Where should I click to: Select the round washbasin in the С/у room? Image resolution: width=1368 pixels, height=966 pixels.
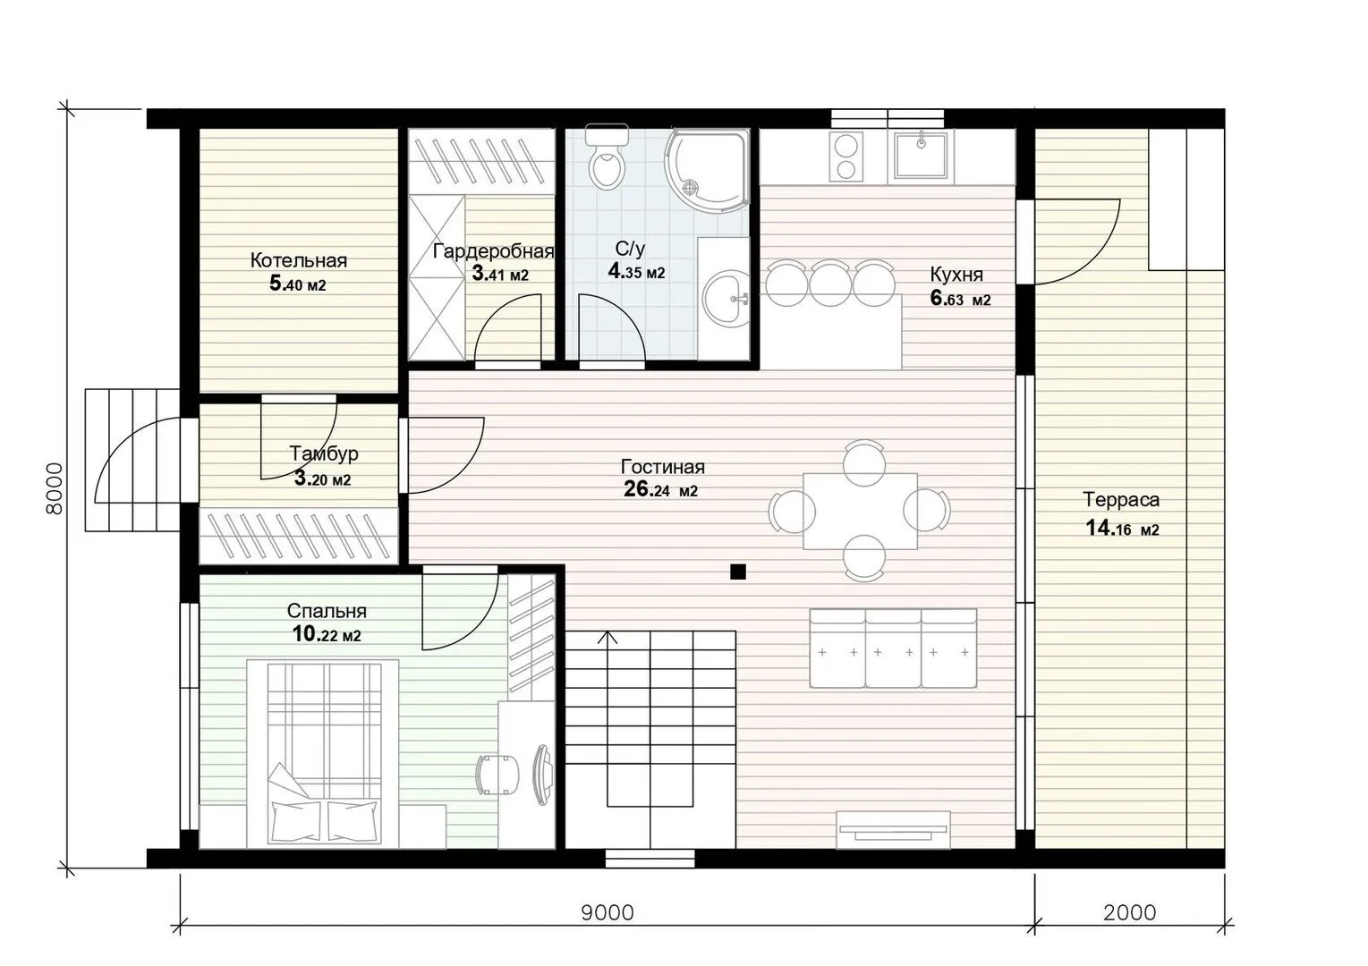726,300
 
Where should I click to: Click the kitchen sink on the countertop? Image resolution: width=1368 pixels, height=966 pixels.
921,155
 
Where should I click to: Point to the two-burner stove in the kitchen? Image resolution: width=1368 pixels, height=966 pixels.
845,157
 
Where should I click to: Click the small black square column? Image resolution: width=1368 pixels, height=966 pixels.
738,572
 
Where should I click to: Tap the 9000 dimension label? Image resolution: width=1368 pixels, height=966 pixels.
607,913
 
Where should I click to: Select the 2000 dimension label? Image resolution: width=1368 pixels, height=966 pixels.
1129,913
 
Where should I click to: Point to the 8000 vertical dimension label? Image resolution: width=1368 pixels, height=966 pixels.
55,488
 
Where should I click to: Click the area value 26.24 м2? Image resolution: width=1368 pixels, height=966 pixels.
660,490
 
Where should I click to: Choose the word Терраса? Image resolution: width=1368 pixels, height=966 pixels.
1121,499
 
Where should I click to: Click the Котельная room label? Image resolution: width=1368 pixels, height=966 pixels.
299,261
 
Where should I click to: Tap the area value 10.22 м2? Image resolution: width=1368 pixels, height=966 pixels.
327,635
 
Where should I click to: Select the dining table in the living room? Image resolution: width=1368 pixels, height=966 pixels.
860,511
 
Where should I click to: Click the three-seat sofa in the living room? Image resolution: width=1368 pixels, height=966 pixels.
893,648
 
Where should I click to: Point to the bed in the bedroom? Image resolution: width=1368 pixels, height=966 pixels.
323,753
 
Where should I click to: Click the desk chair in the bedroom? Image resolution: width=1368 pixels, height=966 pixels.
497,775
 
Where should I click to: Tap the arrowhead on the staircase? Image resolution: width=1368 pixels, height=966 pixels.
607,638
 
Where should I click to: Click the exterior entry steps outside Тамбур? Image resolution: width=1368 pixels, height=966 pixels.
132,460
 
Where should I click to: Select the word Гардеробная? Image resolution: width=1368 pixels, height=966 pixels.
494,251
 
